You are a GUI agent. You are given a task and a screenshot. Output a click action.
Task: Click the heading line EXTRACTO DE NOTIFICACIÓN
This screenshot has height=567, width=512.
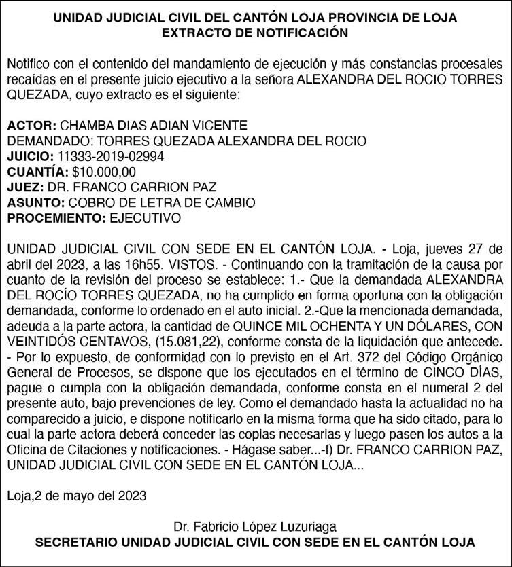[x=256, y=32]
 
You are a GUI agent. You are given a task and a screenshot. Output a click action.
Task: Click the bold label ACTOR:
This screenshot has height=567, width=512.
[x=31, y=126]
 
